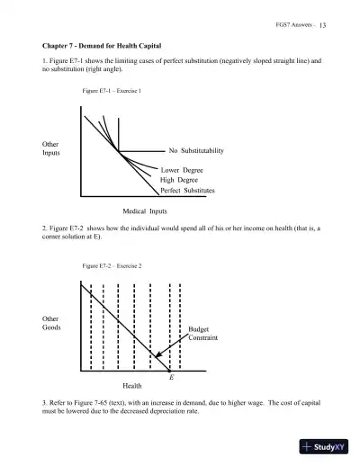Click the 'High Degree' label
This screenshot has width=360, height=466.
coord(179,180)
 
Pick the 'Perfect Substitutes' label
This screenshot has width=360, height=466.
coord(187,191)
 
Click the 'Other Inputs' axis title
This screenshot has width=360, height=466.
coord(52,148)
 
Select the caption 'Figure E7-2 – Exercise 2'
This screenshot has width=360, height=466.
coord(112,266)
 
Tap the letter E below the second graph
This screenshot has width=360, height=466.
coord(171,378)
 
